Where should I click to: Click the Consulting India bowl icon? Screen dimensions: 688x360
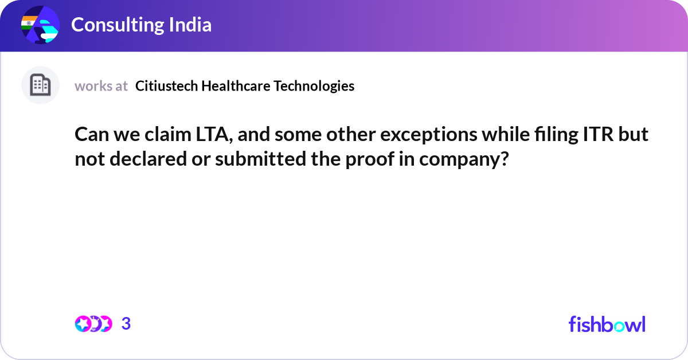(x=40, y=25)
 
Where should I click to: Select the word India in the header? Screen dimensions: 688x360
(x=190, y=25)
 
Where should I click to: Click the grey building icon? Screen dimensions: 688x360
(x=40, y=85)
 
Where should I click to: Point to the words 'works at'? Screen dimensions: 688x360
(x=101, y=86)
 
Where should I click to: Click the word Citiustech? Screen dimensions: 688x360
(x=166, y=85)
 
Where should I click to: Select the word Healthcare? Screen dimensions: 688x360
(x=236, y=85)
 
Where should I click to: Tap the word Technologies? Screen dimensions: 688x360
(x=314, y=86)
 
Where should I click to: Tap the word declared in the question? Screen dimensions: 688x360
(x=148, y=159)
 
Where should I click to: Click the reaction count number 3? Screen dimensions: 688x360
(x=126, y=323)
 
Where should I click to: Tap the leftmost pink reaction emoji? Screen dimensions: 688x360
(x=83, y=324)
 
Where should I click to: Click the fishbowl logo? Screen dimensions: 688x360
(x=607, y=324)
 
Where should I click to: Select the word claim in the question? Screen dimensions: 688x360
(x=168, y=135)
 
